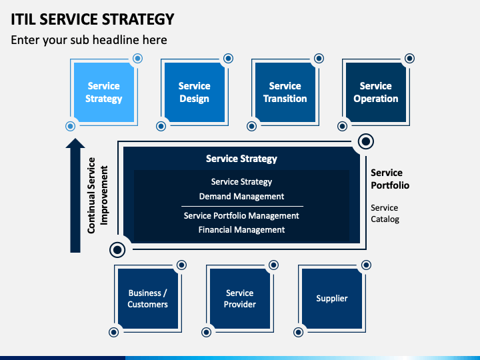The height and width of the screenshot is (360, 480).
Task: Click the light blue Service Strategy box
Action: pos(104,92)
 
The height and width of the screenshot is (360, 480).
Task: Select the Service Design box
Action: pos(195,92)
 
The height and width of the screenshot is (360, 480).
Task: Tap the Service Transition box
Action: pos(285,92)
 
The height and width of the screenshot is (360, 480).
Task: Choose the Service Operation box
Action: pos(375,92)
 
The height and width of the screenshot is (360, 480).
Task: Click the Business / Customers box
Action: pos(148,299)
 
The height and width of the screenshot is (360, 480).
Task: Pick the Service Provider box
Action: pos(240,299)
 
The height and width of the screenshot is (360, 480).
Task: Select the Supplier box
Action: pos(332,299)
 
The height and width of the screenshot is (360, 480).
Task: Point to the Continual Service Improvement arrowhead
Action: pos(75,143)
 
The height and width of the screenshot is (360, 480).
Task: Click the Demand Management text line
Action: pos(241,196)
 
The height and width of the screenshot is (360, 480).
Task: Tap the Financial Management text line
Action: pos(241,229)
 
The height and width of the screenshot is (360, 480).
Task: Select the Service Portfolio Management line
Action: pos(241,216)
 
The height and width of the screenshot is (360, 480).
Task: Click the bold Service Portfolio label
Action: pos(390,179)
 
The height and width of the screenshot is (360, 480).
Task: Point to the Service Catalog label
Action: pos(385,213)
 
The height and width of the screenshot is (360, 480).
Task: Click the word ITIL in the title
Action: pos(23,19)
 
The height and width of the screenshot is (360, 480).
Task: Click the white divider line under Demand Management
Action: pos(242,206)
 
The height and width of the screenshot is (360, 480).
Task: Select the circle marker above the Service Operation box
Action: pos(409,58)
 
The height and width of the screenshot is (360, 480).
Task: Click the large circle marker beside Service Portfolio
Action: pos(366,141)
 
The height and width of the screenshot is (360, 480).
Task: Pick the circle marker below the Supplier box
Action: pos(298,332)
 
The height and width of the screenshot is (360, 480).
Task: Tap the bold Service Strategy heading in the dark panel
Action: pos(241,159)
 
